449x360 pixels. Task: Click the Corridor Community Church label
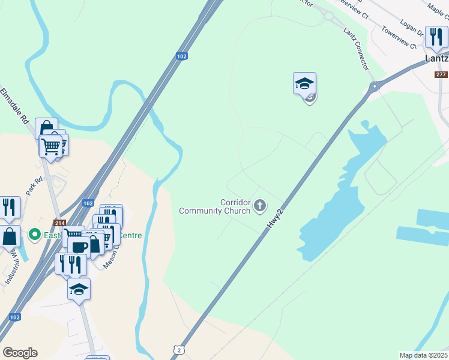[x=215, y=206]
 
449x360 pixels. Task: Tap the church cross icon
[x=260, y=206]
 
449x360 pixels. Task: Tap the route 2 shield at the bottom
[x=178, y=349]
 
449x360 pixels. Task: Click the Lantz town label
[x=436, y=59]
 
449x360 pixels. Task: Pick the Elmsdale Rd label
[x=15, y=106]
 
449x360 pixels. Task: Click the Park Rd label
[x=34, y=186]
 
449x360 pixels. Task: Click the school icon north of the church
[x=304, y=83]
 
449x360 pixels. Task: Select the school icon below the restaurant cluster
[x=79, y=289]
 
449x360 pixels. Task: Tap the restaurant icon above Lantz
[x=436, y=37]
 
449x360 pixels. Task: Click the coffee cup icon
[x=78, y=246]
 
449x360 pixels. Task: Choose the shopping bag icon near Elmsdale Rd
[x=46, y=129]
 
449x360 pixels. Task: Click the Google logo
[x=20, y=353]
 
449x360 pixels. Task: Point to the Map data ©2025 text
[x=423, y=355]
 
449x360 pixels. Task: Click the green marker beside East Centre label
[x=35, y=235]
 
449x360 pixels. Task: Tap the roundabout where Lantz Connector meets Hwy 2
[x=375, y=86]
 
